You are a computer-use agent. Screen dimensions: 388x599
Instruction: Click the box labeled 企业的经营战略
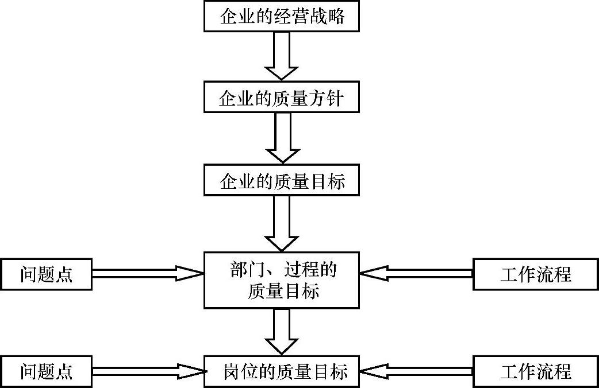point(282,16)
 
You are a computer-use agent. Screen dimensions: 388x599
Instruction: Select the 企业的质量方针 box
point(282,98)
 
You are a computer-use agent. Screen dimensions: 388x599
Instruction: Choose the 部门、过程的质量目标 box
point(282,280)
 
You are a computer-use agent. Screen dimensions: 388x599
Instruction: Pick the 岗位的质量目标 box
point(282,371)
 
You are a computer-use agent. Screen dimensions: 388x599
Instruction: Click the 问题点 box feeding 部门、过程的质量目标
point(46,274)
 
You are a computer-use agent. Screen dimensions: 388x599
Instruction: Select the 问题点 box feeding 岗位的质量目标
point(46,371)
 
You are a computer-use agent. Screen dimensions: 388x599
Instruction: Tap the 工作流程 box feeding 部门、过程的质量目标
point(536,274)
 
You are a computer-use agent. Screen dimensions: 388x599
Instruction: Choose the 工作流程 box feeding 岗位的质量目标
point(536,371)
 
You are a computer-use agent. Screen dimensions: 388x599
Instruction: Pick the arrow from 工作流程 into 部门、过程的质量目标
point(416,273)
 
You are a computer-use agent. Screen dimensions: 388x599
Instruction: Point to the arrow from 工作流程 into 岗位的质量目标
point(416,371)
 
